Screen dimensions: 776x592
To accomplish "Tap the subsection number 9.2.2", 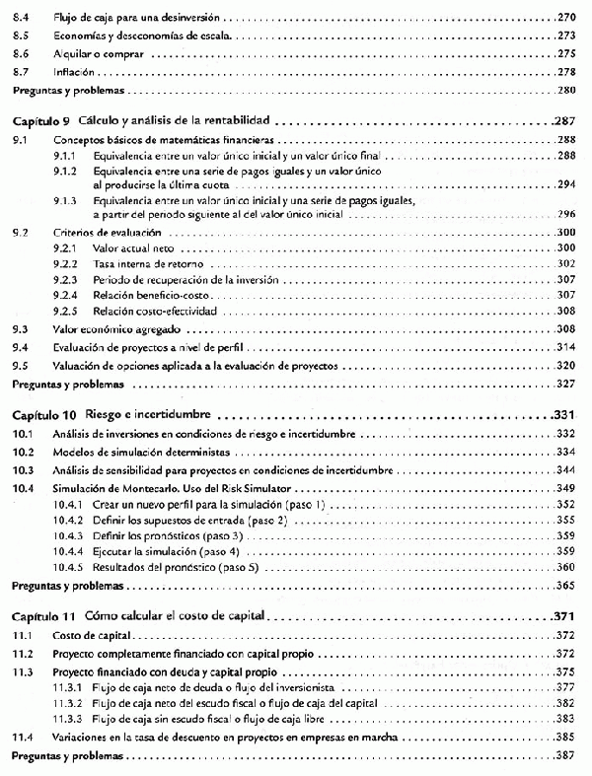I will tap(66, 263).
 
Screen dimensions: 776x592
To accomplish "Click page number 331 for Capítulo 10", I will tap(564, 414).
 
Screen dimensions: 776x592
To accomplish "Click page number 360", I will tap(564, 567).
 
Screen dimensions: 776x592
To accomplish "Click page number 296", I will tap(564, 213).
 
